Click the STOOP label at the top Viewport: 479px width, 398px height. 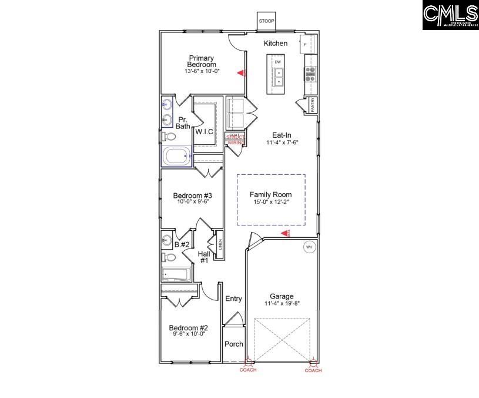(x=266, y=21)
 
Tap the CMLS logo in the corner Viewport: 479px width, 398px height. (x=450, y=15)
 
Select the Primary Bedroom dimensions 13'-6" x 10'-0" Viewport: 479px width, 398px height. (x=202, y=71)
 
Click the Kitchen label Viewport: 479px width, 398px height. (x=275, y=44)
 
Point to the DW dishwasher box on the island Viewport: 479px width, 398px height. (x=277, y=62)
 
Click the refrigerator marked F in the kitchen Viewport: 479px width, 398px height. (x=306, y=44)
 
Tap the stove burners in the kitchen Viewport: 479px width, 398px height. (x=310, y=74)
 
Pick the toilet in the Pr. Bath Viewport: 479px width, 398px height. (x=168, y=136)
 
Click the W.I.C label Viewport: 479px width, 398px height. (x=204, y=131)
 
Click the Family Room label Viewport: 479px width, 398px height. (x=270, y=194)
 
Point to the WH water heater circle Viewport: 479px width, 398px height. (x=309, y=247)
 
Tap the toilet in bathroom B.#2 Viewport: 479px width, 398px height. (x=168, y=257)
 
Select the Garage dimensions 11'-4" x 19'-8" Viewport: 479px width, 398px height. (x=282, y=304)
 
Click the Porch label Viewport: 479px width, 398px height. (x=233, y=344)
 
